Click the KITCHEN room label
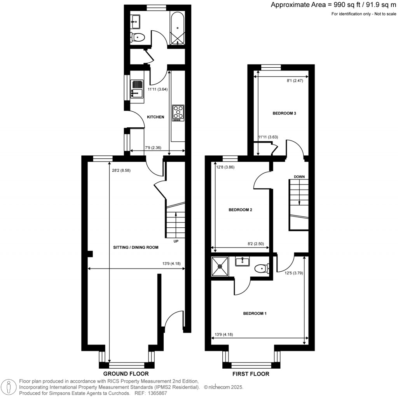(x=155, y=117)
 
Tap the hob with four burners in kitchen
(x=178, y=112)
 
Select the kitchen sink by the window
(x=137, y=88)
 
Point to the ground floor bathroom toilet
(x=138, y=37)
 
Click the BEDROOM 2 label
(x=240, y=210)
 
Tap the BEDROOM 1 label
(x=255, y=313)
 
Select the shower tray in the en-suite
(x=221, y=267)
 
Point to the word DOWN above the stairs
(x=299, y=177)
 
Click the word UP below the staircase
(x=176, y=241)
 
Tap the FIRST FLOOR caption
(x=251, y=374)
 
